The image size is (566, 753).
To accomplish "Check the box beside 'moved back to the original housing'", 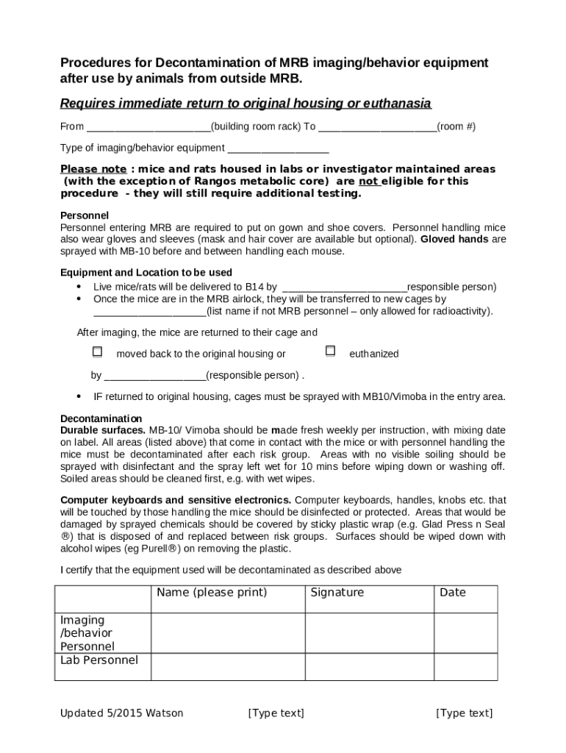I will point(97,352).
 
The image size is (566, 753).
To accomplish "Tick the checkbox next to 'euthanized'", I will point(330,351).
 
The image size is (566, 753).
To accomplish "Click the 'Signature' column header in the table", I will point(337,593).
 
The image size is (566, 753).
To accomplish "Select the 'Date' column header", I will point(452,593).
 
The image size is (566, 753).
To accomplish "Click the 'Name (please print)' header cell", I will point(212,593).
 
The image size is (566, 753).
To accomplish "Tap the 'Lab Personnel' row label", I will point(99,660).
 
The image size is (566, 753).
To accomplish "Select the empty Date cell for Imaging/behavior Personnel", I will point(465,633).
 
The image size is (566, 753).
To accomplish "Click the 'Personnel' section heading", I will point(85,215).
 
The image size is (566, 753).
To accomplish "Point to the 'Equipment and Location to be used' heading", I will point(146,273).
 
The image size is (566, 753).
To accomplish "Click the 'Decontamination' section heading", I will point(101,418).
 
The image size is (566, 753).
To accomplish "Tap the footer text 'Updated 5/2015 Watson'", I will point(122,713).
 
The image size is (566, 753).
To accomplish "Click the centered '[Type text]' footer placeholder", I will point(276,713).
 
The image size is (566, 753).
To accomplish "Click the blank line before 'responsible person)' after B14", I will point(345,288).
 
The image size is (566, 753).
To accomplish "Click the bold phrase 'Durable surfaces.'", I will point(103,430).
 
